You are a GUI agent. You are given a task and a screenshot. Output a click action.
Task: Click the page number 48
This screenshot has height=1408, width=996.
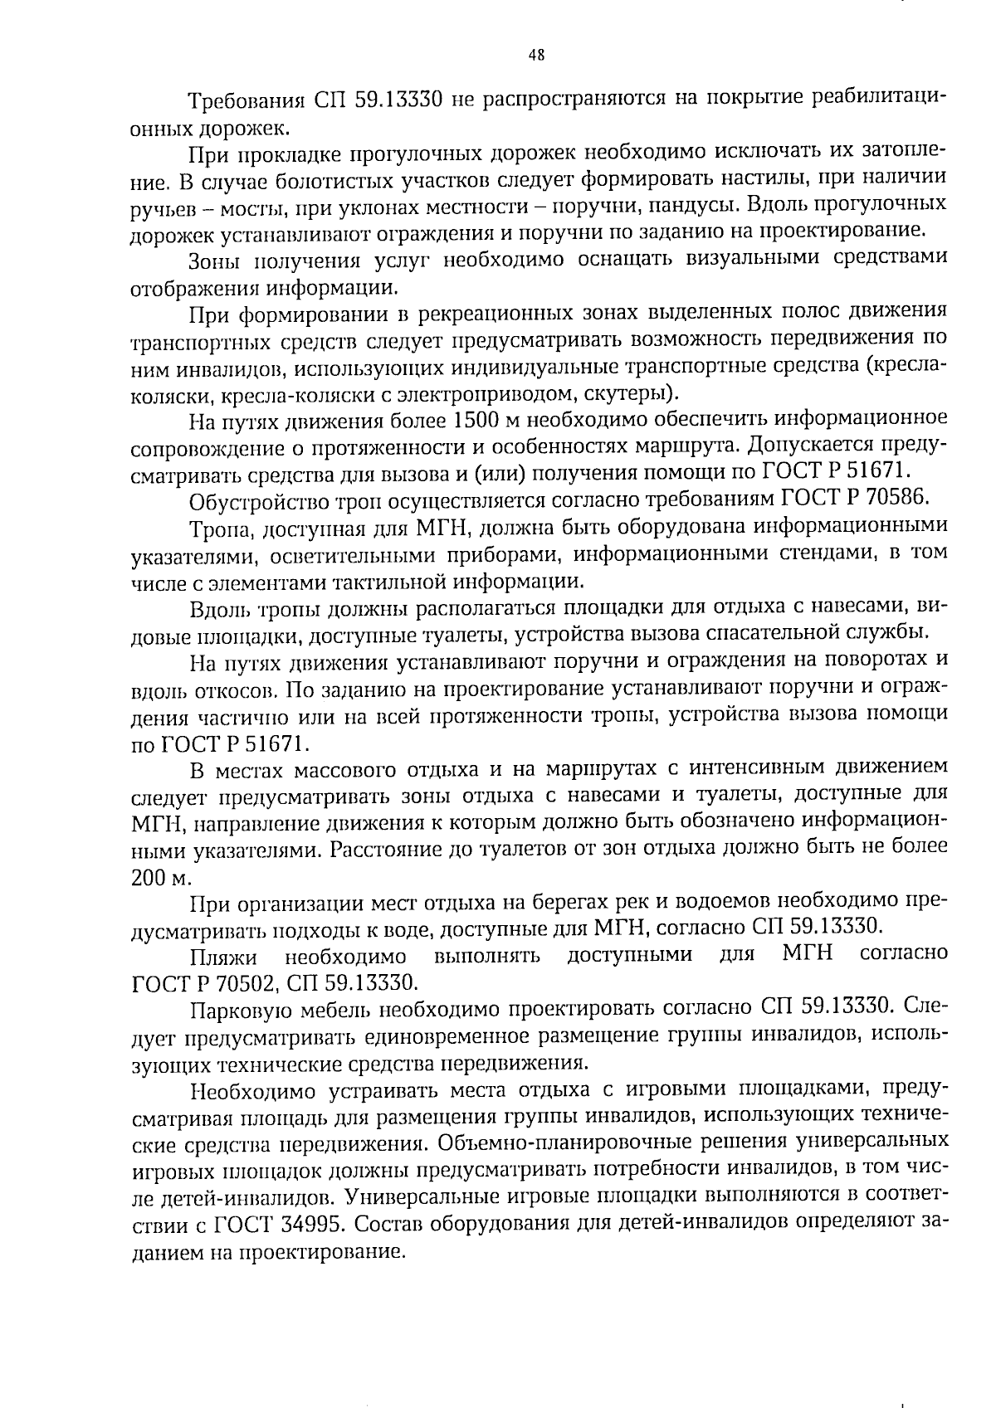pyautogui.click(x=536, y=55)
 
